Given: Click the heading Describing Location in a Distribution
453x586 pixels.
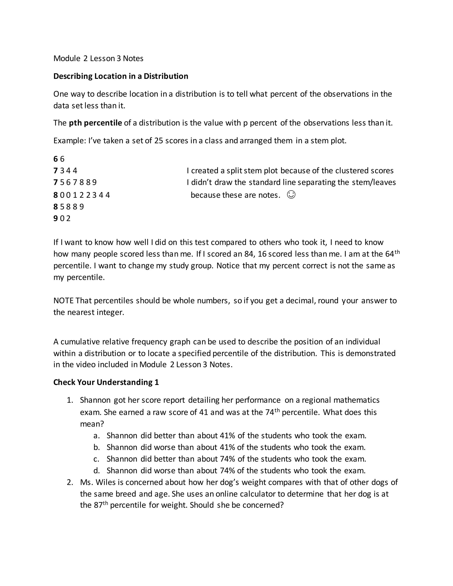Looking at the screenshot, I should pos(121,76).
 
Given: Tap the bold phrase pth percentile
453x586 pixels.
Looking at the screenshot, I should pos(95,123).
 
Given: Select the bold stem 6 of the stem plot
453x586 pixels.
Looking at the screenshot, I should pos(56,159).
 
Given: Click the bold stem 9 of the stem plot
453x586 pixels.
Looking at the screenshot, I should pos(56,218).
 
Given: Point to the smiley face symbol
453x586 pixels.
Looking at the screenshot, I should pos(291,195).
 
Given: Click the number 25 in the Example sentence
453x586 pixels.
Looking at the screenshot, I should pos(159,141).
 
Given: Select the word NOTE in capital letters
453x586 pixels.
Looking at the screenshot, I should pos(63,301).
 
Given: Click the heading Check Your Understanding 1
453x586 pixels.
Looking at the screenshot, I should pos(106,382).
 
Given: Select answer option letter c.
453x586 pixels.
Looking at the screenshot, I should pos(96,459).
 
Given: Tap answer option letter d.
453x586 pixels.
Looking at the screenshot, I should pos(96,471).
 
